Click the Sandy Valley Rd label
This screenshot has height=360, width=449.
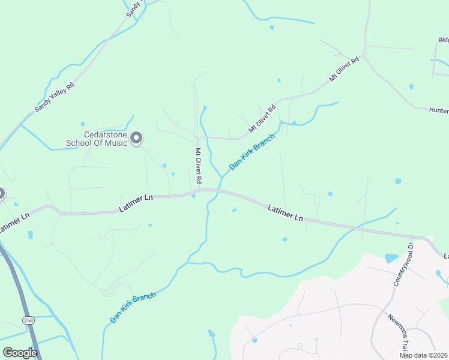54,97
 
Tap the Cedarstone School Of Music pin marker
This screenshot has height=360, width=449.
136,139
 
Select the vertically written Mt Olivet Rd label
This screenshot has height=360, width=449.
197,166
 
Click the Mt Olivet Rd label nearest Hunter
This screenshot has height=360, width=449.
344,69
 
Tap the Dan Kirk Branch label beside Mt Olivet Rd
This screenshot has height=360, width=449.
252,151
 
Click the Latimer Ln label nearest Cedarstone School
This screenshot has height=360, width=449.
136,202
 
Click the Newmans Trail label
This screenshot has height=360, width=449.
397,333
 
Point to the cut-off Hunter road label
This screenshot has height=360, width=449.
439,110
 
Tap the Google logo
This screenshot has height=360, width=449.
20,352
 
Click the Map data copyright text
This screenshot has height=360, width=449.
423,355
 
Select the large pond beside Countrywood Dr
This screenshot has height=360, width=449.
391,258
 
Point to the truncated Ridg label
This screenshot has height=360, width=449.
443,40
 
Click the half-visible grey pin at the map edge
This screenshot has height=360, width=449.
1,194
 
